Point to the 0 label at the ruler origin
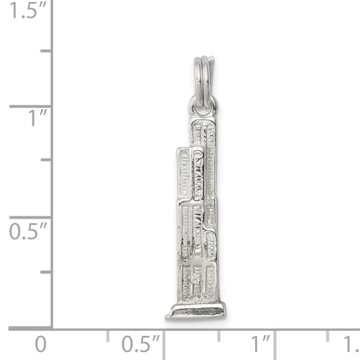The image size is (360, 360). tap(41, 345)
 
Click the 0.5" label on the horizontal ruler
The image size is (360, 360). tap(141, 345)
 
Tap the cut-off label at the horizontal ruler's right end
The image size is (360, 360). tap(351, 345)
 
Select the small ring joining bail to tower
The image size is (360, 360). tap(203, 105)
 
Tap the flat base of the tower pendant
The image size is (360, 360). tap(195, 311)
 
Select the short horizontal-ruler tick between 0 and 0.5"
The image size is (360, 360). tap(107, 335)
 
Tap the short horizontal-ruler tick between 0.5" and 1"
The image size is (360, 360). tap(218, 335)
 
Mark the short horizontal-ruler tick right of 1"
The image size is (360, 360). tap(328, 335)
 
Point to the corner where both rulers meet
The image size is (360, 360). tap(52, 328)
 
